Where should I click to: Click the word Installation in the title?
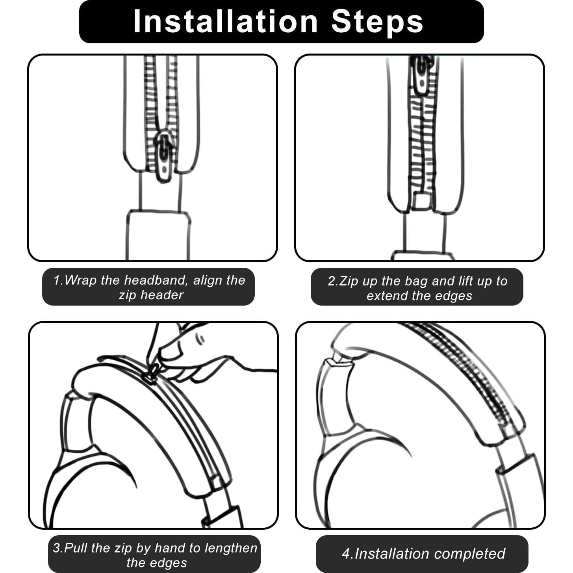[x=225, y=22]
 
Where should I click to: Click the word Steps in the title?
[x=377, y=22]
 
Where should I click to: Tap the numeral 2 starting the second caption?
[x=332, y=281]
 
